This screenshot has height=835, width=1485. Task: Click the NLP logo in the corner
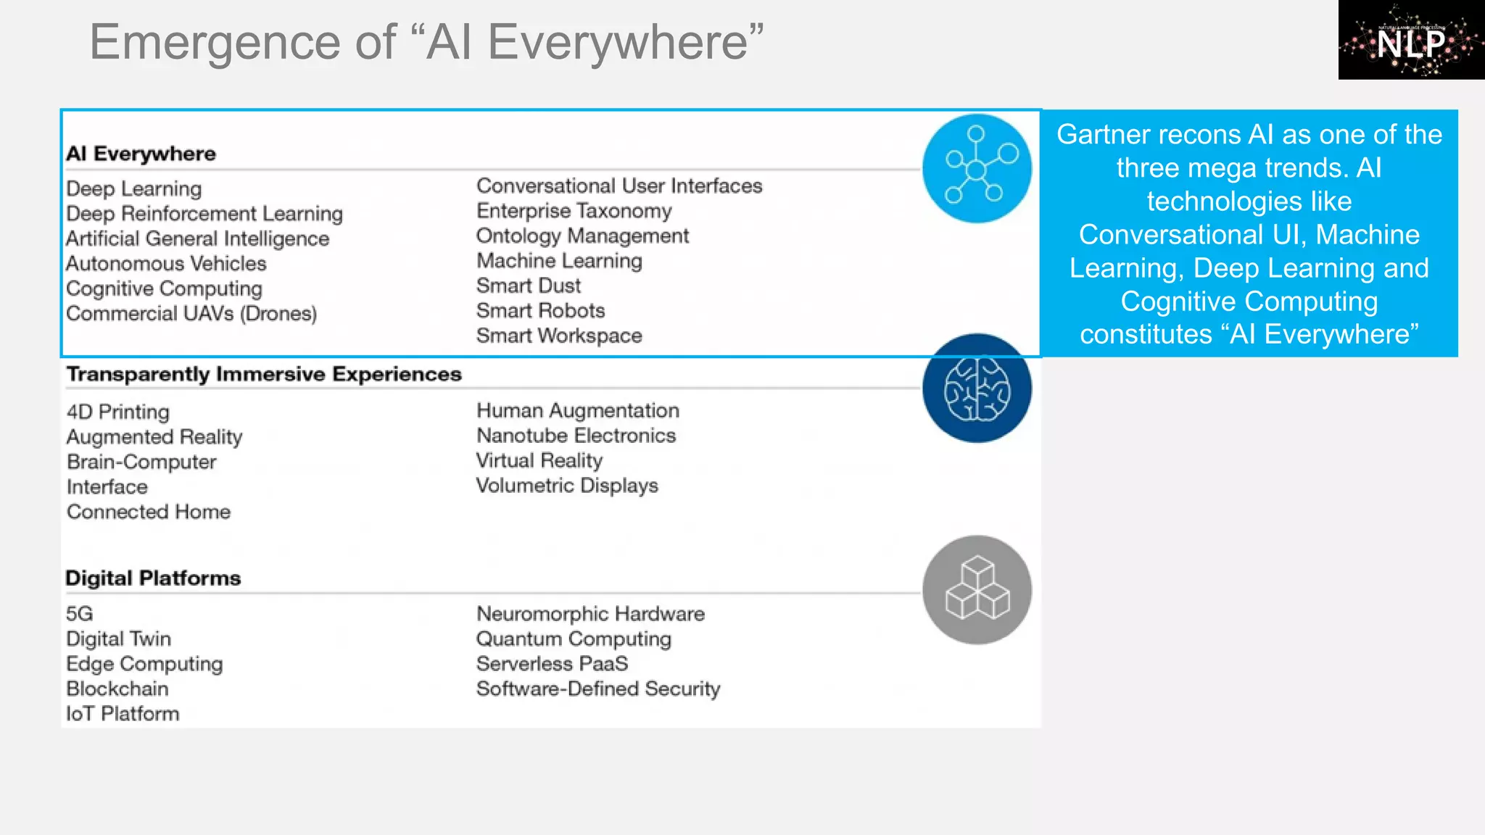[x=1410, y=40]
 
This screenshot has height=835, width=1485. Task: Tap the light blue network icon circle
[x=977, y=168]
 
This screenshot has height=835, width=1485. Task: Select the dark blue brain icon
[x=977, y=389]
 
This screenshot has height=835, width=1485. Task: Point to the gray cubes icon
[x=977, y=590]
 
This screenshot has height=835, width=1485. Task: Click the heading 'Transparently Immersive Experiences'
[x=264, y=374]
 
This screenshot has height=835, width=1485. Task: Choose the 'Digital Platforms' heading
[x=153, y=578]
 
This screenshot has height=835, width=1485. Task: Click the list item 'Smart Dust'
[x=529, y=286]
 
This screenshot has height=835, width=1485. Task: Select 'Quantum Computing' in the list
[x=574, y=639]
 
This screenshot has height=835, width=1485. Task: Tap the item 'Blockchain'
[x=117, y=689]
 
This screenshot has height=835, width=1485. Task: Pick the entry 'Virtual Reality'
[x=539, y=460]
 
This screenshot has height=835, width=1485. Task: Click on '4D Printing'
[x=118, y=412]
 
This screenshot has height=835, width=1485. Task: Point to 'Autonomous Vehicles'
[x=166, y=264]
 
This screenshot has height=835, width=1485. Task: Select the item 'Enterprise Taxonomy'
[x=574, y=211]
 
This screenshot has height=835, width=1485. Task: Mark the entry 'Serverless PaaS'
[x=552, y=664]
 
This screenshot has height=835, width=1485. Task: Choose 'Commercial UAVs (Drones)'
[x=191, y=314]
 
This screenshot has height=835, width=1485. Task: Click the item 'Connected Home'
[x=149, y=512]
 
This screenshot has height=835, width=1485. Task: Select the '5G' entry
[x=80, y=614]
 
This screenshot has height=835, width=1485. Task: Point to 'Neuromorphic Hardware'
[x=590, y=614]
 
